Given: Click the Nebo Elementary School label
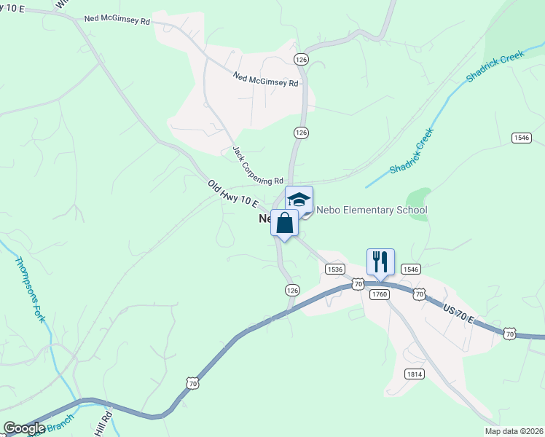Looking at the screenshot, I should click(x=371, y=210).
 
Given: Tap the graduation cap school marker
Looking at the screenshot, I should click(x=299, y=199).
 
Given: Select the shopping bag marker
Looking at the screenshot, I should click(x=284, y=222).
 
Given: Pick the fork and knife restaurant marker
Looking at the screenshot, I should click(x=380, y=261).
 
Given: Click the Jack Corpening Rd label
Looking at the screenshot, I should click(x=257, y=165).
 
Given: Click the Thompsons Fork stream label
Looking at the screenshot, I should click(x=30, y=289).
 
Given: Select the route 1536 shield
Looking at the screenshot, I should click(x=335, y=269).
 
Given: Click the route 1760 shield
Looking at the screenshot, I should click(x=379, y=294).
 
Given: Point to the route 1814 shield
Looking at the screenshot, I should click(x=413, y=374).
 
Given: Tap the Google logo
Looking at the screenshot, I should click(x=24, y=428).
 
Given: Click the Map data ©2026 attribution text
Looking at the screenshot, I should click(x=518, y=431).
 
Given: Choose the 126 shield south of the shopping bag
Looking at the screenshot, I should click(x=292, y=290).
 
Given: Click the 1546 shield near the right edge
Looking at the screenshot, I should click(x=521, y=138).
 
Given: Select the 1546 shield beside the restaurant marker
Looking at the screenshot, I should click(x=410, y=269).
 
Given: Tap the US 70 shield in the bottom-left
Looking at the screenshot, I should click(x=192, y=382).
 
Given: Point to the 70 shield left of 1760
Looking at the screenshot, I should click(x=357, y=284).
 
